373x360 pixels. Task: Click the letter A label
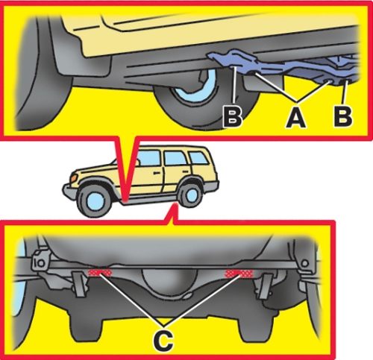295,119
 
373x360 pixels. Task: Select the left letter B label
233,116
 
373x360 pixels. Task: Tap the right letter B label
343,116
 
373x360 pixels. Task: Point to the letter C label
163,340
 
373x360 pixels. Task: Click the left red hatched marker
99,273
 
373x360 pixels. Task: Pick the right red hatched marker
239,274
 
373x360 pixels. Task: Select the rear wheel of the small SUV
190,195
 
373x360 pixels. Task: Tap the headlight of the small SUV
74,178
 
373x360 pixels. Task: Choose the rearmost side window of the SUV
198,158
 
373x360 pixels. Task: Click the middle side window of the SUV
175,158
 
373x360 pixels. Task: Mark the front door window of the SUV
148,158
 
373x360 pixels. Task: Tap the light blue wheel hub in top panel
196,87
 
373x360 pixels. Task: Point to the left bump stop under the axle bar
80,284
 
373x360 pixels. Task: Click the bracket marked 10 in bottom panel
40,261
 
